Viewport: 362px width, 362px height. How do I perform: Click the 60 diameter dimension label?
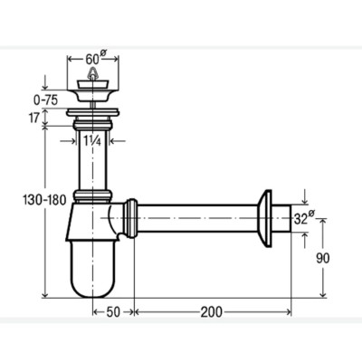[94, 57]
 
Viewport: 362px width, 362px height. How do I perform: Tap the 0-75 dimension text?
[45, 100]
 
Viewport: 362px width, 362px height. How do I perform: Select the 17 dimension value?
[34, 118]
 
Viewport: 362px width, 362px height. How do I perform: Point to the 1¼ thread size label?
[92, 140]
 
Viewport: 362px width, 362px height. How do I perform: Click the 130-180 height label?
[44, 200]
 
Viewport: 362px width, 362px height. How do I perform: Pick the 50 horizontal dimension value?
[113, 312]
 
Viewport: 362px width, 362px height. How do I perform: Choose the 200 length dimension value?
[212, 312]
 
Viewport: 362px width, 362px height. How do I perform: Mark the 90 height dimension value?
[322, 258]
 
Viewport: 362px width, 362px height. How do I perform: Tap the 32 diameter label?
[304, 218]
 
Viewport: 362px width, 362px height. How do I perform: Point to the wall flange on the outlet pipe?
[265, 219]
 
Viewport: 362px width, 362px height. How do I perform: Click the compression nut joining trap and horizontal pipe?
[131, 218]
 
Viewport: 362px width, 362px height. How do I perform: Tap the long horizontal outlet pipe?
[197, 218]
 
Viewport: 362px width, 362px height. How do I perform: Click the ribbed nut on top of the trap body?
[93, 196]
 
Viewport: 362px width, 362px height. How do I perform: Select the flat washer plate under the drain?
[93, 113]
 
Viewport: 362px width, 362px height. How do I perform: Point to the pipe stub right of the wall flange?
[281, 218]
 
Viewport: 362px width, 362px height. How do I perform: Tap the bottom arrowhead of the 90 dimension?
[323, 294]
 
